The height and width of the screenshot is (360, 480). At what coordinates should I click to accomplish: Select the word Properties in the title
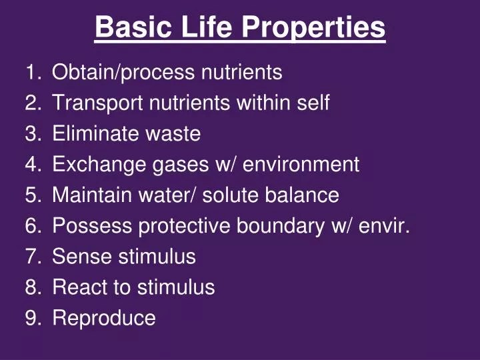click(x=313, y=28)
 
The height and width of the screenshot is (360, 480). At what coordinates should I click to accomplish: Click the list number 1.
click(x=33, y=72)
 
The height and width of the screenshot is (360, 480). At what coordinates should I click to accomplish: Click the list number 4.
click(x=33, y=164)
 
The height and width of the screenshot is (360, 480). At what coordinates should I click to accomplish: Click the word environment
click(x=301, y=164)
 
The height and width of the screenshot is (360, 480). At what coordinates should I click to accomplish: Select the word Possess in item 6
click(x=93, y=226)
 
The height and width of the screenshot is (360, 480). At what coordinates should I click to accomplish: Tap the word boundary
click(x=283, y=226)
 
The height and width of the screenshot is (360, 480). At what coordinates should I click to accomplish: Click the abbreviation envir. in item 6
click(x=384, y=226)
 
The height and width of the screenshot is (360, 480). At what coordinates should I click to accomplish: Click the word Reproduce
click(x=104, y=318)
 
